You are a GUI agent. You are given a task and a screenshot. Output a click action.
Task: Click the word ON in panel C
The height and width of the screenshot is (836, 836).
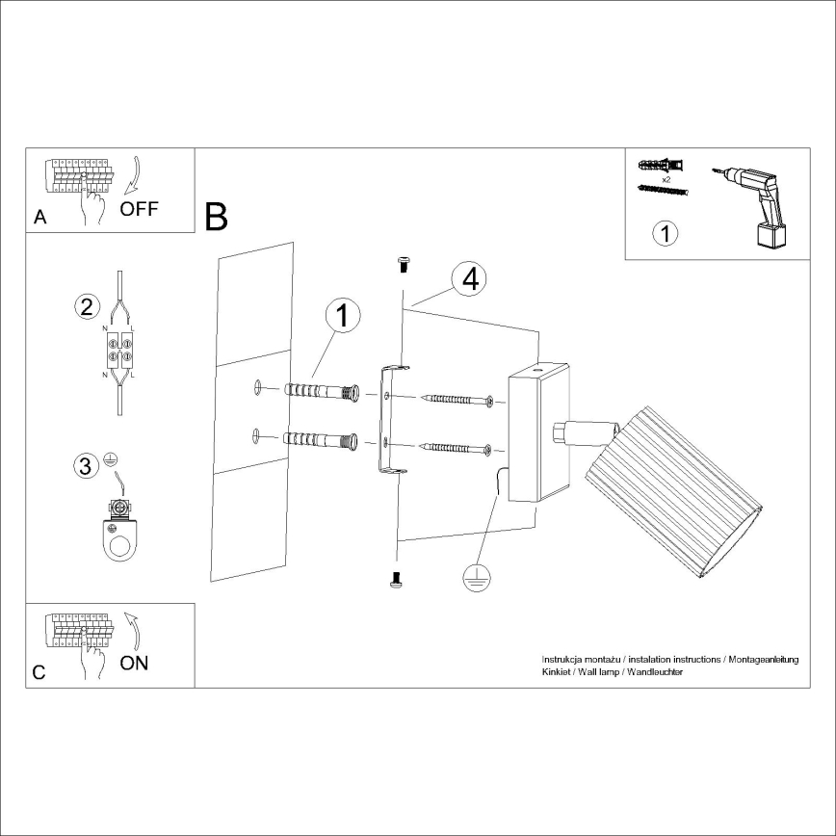pyautogui.click(x=135, y=664)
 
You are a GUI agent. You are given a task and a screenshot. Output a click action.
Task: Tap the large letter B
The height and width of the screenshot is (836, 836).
pyautogui.click(x=217, y=217)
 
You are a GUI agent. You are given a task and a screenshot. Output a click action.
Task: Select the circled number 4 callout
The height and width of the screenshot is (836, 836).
pyautogui.click(x=469, y=279)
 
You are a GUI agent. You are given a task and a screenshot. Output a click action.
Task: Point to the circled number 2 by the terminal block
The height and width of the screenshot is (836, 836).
pyautogui.click(x=87, y=307)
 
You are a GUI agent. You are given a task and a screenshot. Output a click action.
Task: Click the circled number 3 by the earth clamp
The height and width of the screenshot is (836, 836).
pyautogui.click(x=87, y=466)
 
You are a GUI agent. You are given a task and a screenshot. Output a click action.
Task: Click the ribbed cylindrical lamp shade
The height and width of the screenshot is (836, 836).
pyautogui.click(x=674, y=490)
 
